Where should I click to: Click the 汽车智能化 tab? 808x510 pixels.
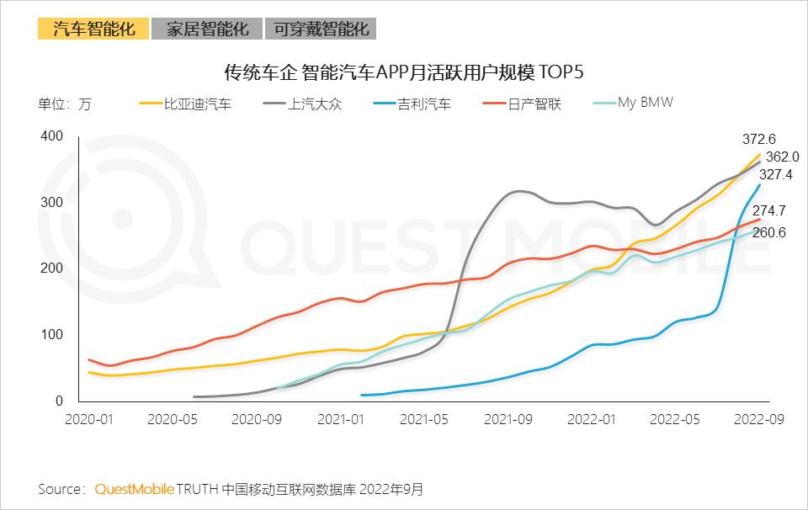[x=93, y=29]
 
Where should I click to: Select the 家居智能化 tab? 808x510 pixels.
[x=207, y=29]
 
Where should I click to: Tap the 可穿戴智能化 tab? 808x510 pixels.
[x=321, y=29]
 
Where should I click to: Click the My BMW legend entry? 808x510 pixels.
[x=645, y=103]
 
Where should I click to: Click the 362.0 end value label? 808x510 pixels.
[x=783, y=157]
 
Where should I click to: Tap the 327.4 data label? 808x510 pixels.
[x=775, y=175]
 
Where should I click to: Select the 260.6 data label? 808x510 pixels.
[x=769, y=232]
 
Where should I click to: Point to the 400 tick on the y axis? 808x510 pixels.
[x=52, y=136]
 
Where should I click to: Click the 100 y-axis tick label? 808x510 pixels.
[x=52, y=335]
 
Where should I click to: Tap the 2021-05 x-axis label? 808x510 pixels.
[x=423, y=419]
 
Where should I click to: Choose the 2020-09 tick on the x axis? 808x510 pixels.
[x=256, y=419]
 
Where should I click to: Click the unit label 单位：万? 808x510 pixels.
[x=65, y=105]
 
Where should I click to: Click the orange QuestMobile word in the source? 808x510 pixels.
[x=135, y=489]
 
